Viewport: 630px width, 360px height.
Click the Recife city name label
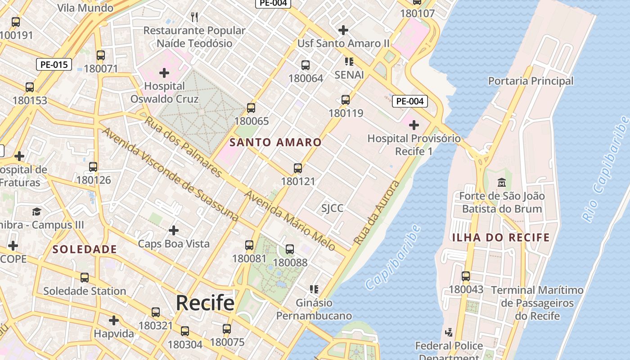click(x=205, y=303)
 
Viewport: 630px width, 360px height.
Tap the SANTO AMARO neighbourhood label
click(x=275, y=143)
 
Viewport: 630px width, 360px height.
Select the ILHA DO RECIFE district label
click(x=501, y=238)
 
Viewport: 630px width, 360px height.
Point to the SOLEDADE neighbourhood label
click(x=85, y=249)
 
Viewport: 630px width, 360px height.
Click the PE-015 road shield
click(x=54, y=64)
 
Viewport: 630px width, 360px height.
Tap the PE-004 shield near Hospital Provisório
click(x=409, y=101)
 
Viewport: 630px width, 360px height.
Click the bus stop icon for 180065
click(x=251, y=108)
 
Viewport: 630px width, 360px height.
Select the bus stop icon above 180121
click(x=297, y=168)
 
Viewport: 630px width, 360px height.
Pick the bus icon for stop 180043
click(x=466, y=276)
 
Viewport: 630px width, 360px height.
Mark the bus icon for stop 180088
click(x=290, y=249)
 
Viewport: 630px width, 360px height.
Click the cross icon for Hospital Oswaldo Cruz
click(x=164, y=72)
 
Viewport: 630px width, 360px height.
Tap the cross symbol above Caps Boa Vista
click(x=173, y=230)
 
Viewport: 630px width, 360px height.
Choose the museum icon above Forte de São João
click(x=501, y=183)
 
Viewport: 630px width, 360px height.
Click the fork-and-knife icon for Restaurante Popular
click(x=194, y=17)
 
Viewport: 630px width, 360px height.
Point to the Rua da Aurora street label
click(x=377, y=213)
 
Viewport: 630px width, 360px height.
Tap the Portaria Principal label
click(x=531, y=81)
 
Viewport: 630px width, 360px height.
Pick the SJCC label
click(x=332, y=208)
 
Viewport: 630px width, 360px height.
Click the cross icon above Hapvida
click(x=114, y=320)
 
